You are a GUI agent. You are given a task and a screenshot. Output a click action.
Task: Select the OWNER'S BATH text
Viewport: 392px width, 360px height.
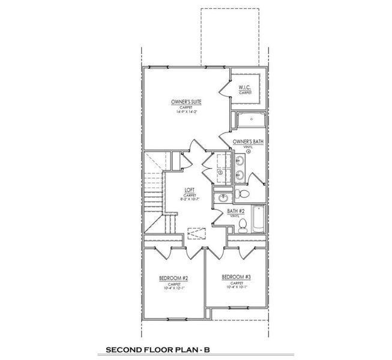pyautogui.click(x=248, y=142)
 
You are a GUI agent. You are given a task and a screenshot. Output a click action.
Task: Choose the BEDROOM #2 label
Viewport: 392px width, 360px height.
pyautogui.click(x=173, y=278)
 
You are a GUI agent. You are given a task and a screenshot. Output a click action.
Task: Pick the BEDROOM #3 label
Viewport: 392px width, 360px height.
pyautogui.click(x=237, y=277)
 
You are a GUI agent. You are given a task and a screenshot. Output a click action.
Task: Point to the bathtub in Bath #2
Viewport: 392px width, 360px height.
pyautogui.click(x=259, y=220)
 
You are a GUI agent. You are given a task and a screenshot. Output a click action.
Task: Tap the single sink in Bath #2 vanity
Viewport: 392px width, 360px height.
pyautogui.click(x=223, y=197)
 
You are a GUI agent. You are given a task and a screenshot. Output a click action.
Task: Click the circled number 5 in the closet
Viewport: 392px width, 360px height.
pyautogui.click(x=220, y=172)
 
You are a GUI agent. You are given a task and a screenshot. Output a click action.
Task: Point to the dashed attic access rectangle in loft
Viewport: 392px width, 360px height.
pyautogui.click(x=196, y=233)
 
